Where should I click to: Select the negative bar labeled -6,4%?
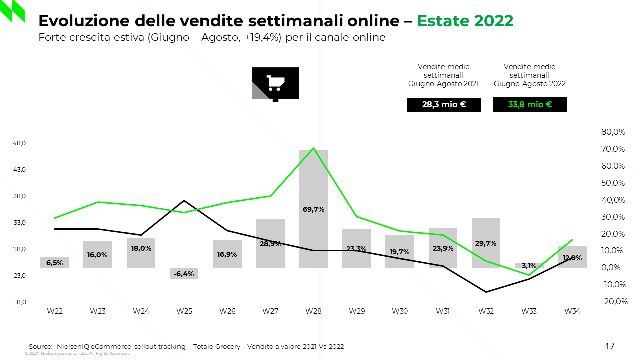184,273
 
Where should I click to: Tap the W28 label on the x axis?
313,311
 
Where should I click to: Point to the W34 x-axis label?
572,311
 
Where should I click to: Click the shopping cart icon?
275,83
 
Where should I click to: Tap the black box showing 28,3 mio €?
444,105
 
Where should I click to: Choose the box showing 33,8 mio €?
530,105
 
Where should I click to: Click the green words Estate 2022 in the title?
465,21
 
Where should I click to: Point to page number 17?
610,346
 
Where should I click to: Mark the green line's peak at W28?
313,148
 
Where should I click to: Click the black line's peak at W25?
184,201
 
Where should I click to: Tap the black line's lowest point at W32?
486,292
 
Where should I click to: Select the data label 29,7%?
486,244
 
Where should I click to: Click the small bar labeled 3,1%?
529,265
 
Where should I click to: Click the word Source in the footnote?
40,346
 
